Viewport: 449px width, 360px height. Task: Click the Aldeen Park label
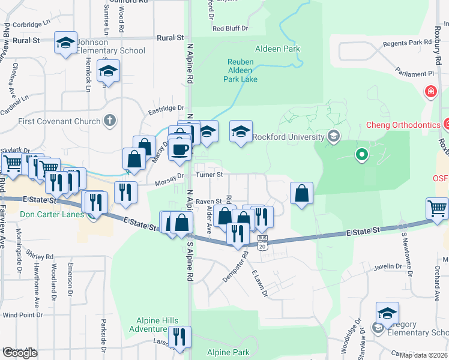(277, 49)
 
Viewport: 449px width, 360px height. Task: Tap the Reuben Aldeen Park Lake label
(241, 70)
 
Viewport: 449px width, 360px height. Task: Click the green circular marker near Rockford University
(361, 155)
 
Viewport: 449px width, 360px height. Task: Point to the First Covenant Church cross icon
(109, 121)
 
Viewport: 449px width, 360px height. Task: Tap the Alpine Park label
(228, 352)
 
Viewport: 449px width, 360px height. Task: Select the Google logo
(20, 352)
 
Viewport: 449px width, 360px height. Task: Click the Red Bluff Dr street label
(230, 28)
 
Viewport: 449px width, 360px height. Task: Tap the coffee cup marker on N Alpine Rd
(179, 149)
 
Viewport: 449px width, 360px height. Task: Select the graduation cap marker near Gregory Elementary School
(387, 313)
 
